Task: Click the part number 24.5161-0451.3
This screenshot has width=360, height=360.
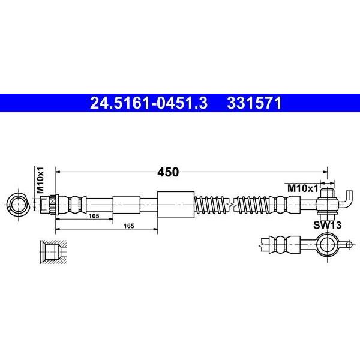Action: pyautogui.click(x=149, y=103)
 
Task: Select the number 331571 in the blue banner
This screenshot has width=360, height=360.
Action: pyautogui.click(x=254, y=103)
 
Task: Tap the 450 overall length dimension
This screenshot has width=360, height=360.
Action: pyautogui.click(x=168, y=172)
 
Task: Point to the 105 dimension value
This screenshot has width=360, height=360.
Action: pyautogui.click(x=94, y=216)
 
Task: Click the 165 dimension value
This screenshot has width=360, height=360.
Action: pyautogui.click(x=129, y=226)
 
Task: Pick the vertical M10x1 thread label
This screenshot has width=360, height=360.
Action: pyautogui.click(x=40, y=180)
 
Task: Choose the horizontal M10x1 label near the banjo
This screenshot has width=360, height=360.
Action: pyautogui.click(x=303, y=188)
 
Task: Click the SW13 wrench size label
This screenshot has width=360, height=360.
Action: pyautogui.click(x=327, y=225)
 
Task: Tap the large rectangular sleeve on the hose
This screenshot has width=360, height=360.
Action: pyautogui.click(x=176, y=205)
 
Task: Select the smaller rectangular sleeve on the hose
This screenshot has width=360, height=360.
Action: pyautogui.click(x=126, y=205)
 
